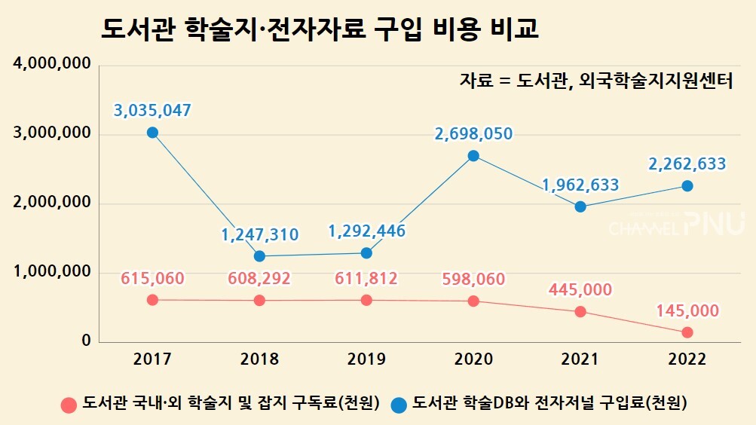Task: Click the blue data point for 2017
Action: point(152,133)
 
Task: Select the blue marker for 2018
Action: point(259,256)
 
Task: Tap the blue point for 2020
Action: point(473,156)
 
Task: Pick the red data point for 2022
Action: point(687,332)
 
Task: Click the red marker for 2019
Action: point(366,300)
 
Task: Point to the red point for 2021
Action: point(580,311)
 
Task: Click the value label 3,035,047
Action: point(152,111)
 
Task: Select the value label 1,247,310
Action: point(259,234)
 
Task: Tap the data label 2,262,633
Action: point(687,164)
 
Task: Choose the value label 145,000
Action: point(687,310)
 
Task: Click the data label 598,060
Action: point(473,279)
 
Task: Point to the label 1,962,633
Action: point(580,185)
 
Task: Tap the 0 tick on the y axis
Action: point(85,341)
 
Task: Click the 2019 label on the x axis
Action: point(366,359)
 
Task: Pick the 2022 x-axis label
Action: point(687,359)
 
